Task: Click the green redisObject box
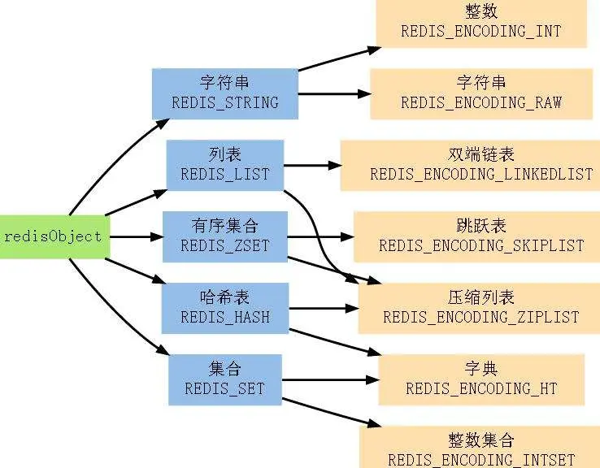[x=53, y=236]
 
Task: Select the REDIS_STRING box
[x=225, y=93]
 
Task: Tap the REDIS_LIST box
[x=225, y=165]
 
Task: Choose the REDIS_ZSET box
[x=225, y=236]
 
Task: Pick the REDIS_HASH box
[x=225, y=307]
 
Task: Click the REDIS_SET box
[x=225, y=379]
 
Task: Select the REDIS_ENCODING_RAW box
[x=480, y=93]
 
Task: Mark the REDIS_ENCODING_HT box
[x=480, y=379]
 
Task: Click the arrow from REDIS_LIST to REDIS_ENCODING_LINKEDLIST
[x=312, y=165]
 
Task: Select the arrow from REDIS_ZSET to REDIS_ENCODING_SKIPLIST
[x=320, y=237]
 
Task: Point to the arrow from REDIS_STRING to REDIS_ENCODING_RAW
[x=329, y=93]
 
